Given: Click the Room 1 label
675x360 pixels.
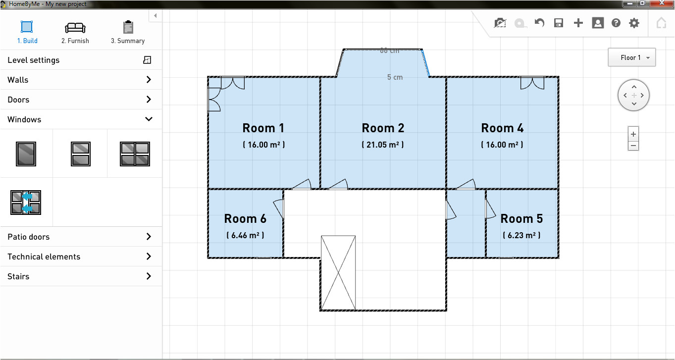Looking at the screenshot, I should [263, 128].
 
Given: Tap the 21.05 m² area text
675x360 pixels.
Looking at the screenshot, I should [383, 145].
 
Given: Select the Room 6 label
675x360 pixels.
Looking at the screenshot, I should [245, 218].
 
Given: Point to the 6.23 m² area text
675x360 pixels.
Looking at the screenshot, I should [521, 235].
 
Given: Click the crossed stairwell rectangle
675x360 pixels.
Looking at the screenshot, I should [338, 272].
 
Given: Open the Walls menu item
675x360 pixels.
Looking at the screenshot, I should [79, 80].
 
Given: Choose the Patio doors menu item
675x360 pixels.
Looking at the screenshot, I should [79, 237].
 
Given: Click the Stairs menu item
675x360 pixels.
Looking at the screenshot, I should [79, 276].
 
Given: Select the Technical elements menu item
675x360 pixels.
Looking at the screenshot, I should [79, 257].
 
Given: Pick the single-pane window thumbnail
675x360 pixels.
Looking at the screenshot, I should [26, 154].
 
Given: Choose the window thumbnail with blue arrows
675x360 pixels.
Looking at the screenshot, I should [26, 203].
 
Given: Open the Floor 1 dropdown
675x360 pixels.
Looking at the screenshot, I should [631, 57].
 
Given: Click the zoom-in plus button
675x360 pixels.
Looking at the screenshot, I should [633, 134].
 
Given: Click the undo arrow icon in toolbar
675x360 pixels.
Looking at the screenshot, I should [539, 23].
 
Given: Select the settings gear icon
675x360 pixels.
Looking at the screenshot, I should [634, 23].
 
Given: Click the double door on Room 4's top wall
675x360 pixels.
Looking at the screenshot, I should [532, 83].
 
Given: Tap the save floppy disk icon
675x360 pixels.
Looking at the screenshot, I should [559, 23].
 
